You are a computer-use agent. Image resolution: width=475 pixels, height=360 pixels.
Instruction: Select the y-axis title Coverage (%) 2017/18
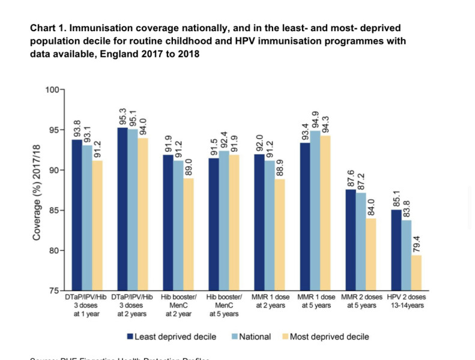37,190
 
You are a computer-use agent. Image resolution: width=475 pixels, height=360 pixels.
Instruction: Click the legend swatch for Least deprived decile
130,337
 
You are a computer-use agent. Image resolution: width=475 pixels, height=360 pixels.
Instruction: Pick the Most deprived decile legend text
329,337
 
